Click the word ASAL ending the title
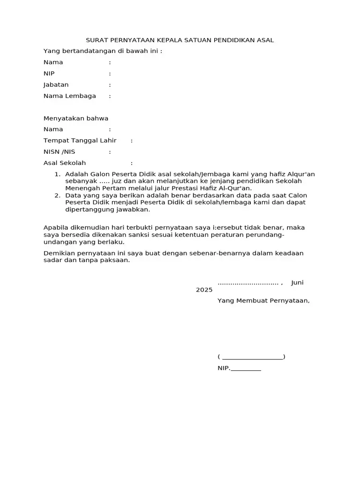click(266, 40)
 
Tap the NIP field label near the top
click(49, 74)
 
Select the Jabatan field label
click(56, 85)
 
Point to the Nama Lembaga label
click(69, 96)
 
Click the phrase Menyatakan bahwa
click(75, 119)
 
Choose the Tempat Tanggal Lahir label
click(80, 141)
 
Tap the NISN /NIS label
click(59, 152)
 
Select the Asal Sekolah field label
click(65, 163)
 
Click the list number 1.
click(57, 174)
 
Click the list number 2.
click(57, 195)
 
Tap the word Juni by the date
click(297, 283)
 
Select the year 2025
click(204, 290)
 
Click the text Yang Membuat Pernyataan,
click(263, 300)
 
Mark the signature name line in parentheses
click(252, 357)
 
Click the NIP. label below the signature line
click(224, 368)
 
